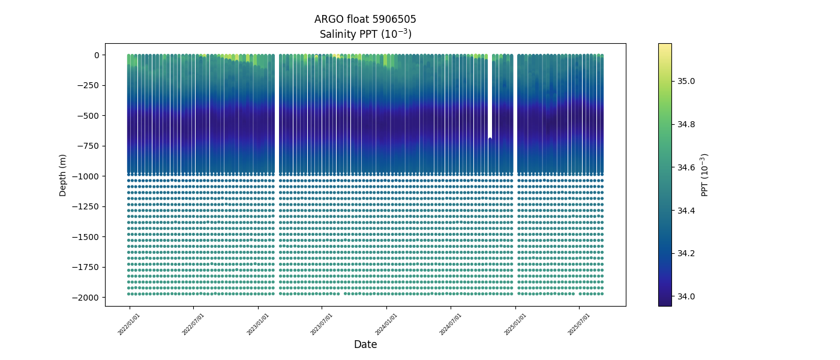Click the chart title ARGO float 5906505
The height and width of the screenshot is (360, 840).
(365, 19)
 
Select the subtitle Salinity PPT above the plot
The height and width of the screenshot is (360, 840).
(365, 34)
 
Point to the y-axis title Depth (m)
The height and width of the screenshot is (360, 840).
(63, 175)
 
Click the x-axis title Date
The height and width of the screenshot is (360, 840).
(365, 344)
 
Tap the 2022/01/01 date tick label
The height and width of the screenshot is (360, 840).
(129, 324)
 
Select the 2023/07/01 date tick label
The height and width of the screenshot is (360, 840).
(322, 324)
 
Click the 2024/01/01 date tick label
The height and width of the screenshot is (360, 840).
(386, 324)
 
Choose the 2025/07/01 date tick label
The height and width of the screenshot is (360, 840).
(579, 324)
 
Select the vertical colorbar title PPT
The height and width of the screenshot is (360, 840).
(705, 175)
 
